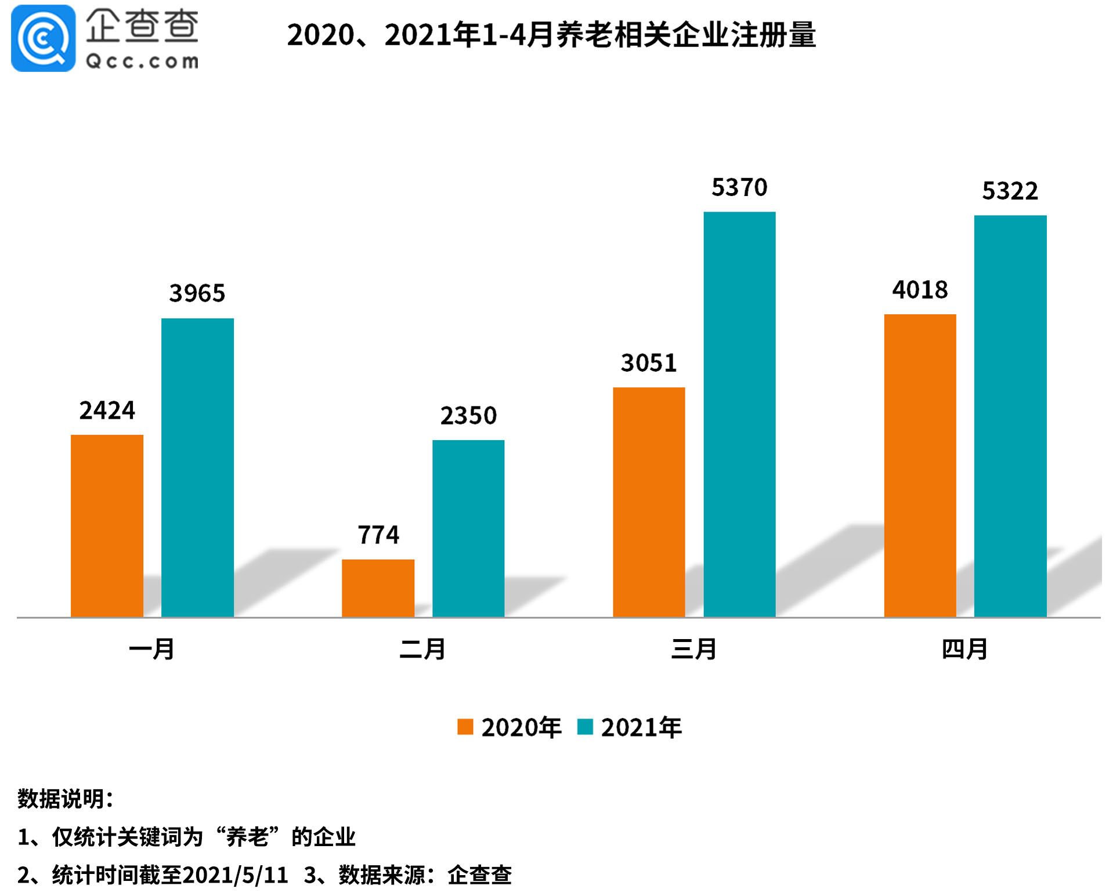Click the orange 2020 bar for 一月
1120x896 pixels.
point(107,525)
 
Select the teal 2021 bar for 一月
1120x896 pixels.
point(197,467)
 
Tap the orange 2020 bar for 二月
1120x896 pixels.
point(378,588)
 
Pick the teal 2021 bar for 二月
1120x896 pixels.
point(468,528)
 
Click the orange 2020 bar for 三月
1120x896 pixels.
point(649,502)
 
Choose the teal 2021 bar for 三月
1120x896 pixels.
point(739,414)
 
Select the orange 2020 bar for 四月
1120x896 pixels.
point(920,466)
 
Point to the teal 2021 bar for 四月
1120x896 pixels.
point(1010,416)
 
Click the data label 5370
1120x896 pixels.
point(739,187)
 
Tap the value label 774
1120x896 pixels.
point(378,535)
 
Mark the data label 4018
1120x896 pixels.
point(920,289)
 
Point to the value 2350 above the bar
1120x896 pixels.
point(468,415)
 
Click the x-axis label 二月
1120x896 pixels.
point(422,649)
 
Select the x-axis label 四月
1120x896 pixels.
point(964,649)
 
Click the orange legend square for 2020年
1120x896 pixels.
point(465,727)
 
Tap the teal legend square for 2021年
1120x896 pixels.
point(585,727)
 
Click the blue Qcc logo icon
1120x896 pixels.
point(43,38)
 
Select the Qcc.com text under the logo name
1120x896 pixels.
point(142,61)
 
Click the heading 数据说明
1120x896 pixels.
point(65,799)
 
